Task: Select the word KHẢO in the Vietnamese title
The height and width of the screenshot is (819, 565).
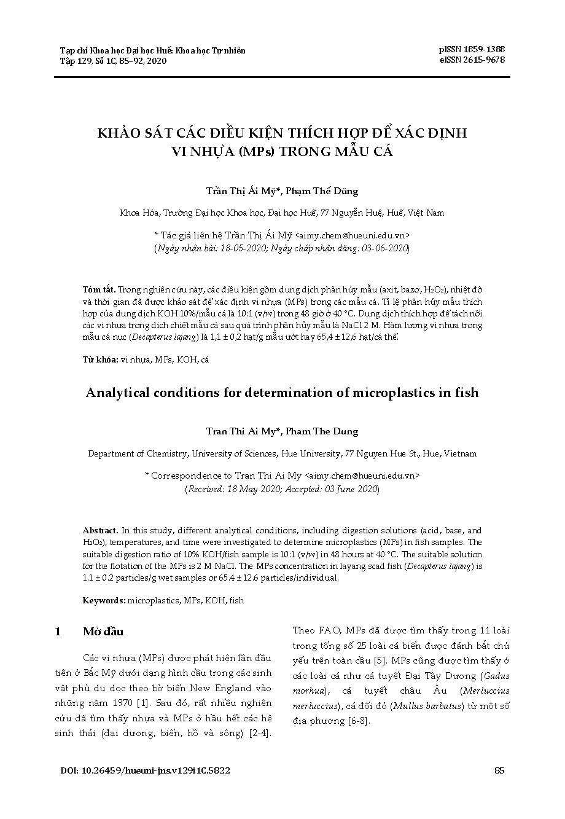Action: point(120,133)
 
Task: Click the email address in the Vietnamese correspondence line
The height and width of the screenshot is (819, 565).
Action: point(353,235)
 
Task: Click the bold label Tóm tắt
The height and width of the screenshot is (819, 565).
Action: point(99,289)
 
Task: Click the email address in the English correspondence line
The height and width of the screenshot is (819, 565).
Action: point(362,476)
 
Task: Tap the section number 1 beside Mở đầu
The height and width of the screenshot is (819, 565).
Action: point(58,632)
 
